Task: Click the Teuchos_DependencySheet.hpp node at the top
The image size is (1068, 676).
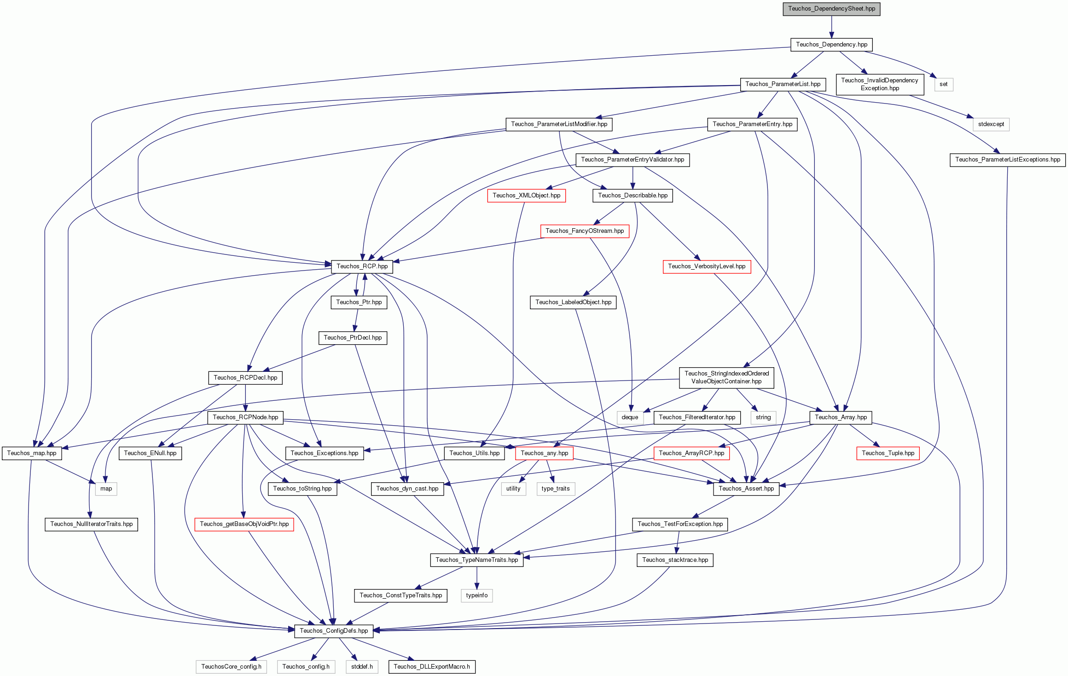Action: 831,9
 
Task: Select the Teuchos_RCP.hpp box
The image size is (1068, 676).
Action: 362,266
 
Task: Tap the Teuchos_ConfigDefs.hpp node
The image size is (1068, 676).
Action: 334,631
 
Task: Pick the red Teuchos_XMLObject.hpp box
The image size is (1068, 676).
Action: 527,196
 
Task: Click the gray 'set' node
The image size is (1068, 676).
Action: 944,84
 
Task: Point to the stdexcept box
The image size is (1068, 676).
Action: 991,124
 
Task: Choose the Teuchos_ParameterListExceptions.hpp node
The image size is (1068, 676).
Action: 1008,160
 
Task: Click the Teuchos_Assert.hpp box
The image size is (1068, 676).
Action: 746,489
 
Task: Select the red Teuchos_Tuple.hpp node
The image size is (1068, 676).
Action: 888,453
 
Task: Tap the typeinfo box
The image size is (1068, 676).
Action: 476,595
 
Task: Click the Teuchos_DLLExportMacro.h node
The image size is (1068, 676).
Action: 432,667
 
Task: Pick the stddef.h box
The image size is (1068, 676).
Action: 362,667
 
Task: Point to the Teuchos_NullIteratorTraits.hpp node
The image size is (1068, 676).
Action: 92,524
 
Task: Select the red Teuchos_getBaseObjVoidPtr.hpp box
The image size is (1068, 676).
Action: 244,524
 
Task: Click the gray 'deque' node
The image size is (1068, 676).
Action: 630,417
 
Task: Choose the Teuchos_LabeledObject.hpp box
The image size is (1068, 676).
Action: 573,302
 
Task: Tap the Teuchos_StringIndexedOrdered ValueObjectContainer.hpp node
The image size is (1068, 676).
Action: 726,377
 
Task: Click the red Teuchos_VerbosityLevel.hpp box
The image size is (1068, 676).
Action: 707,266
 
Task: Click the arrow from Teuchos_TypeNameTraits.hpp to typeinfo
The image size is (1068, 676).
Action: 476,578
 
